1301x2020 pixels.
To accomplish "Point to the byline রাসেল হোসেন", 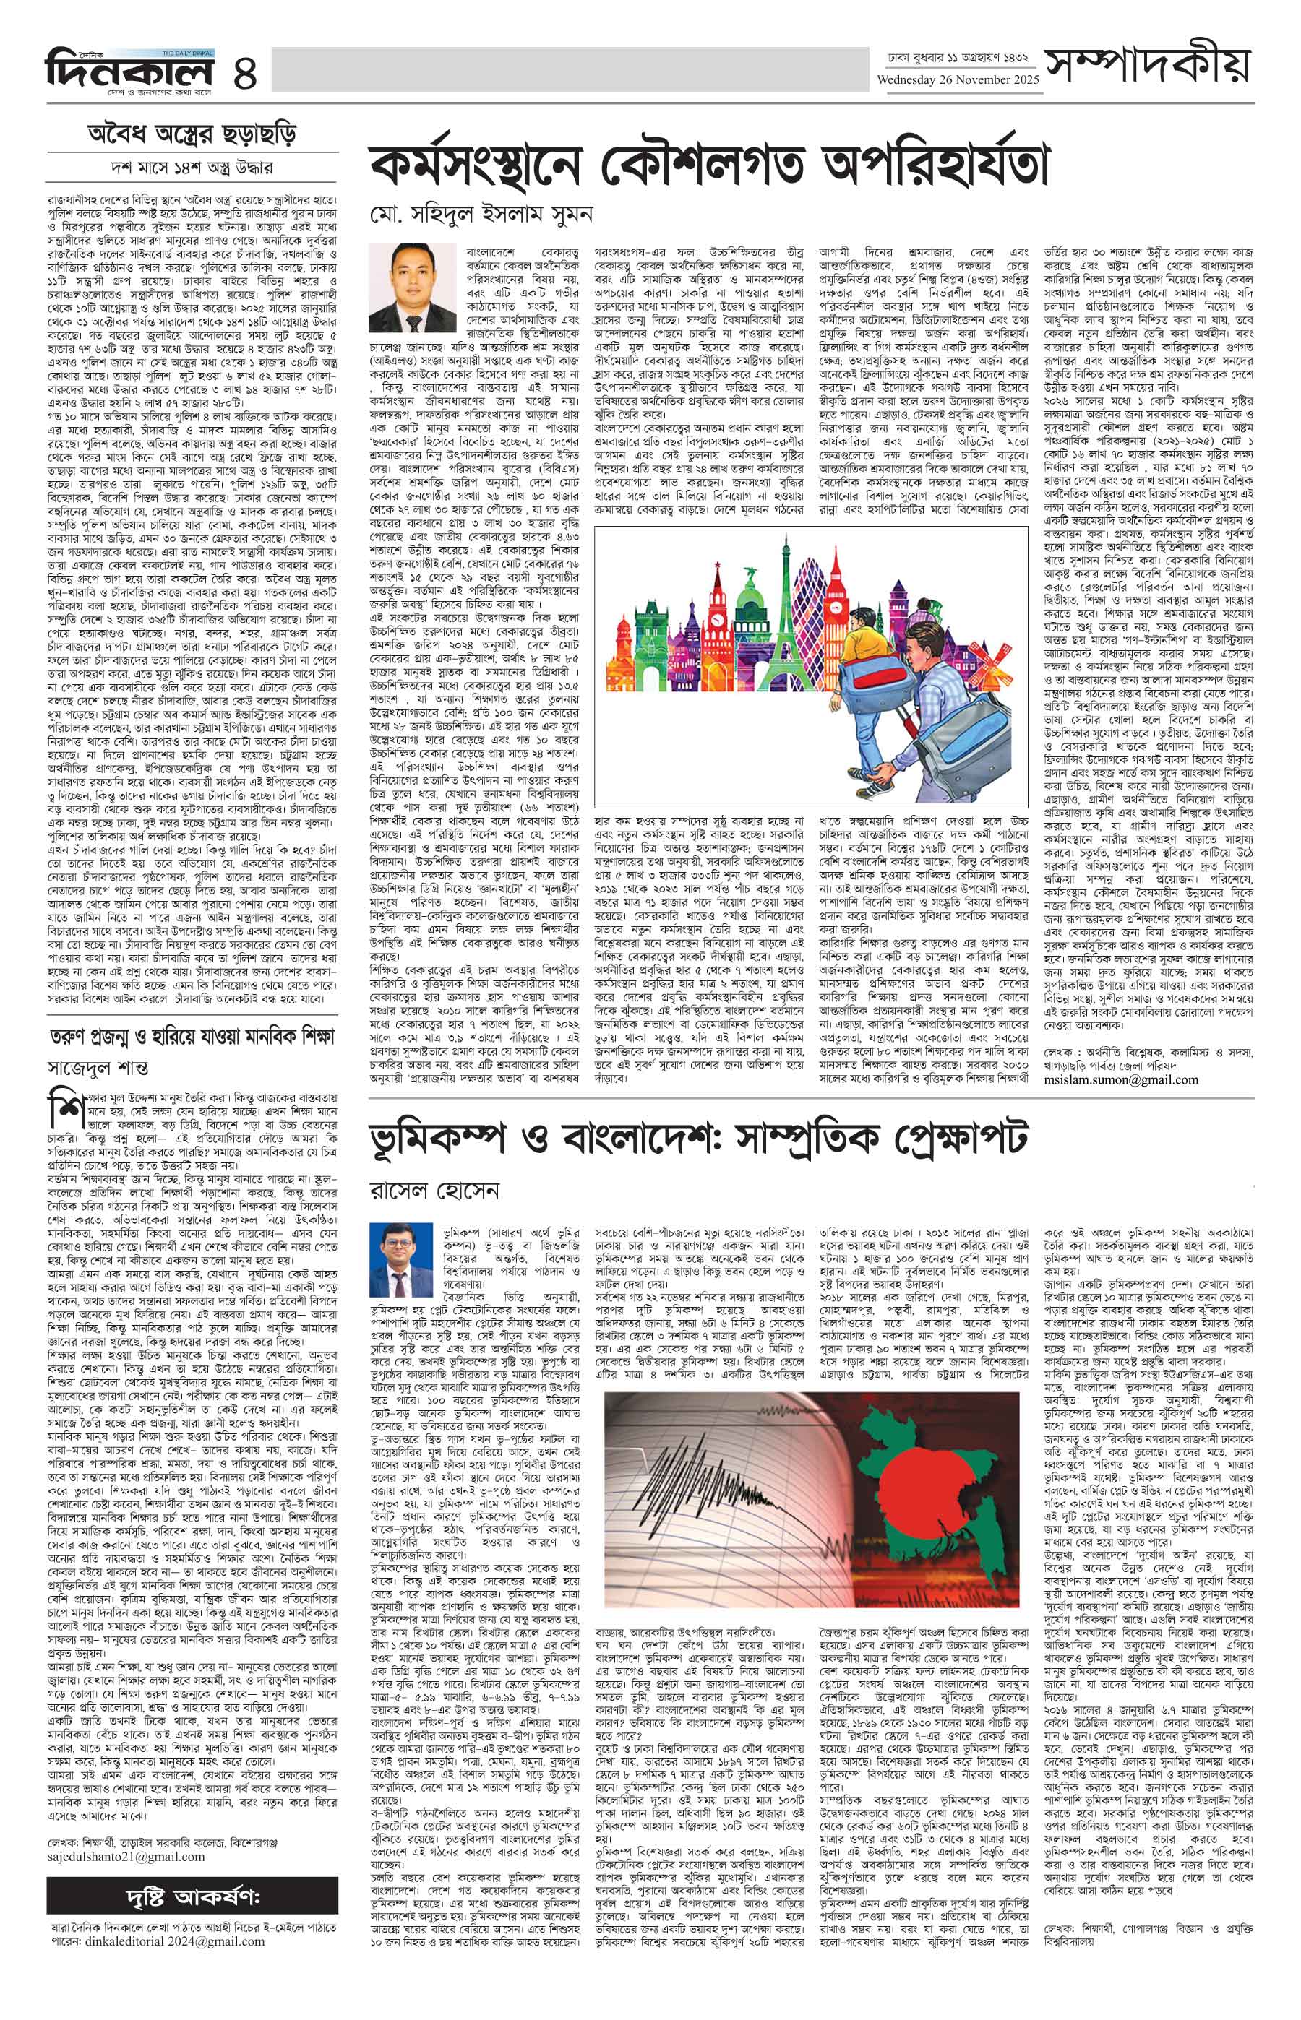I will tap(434, 1191).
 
